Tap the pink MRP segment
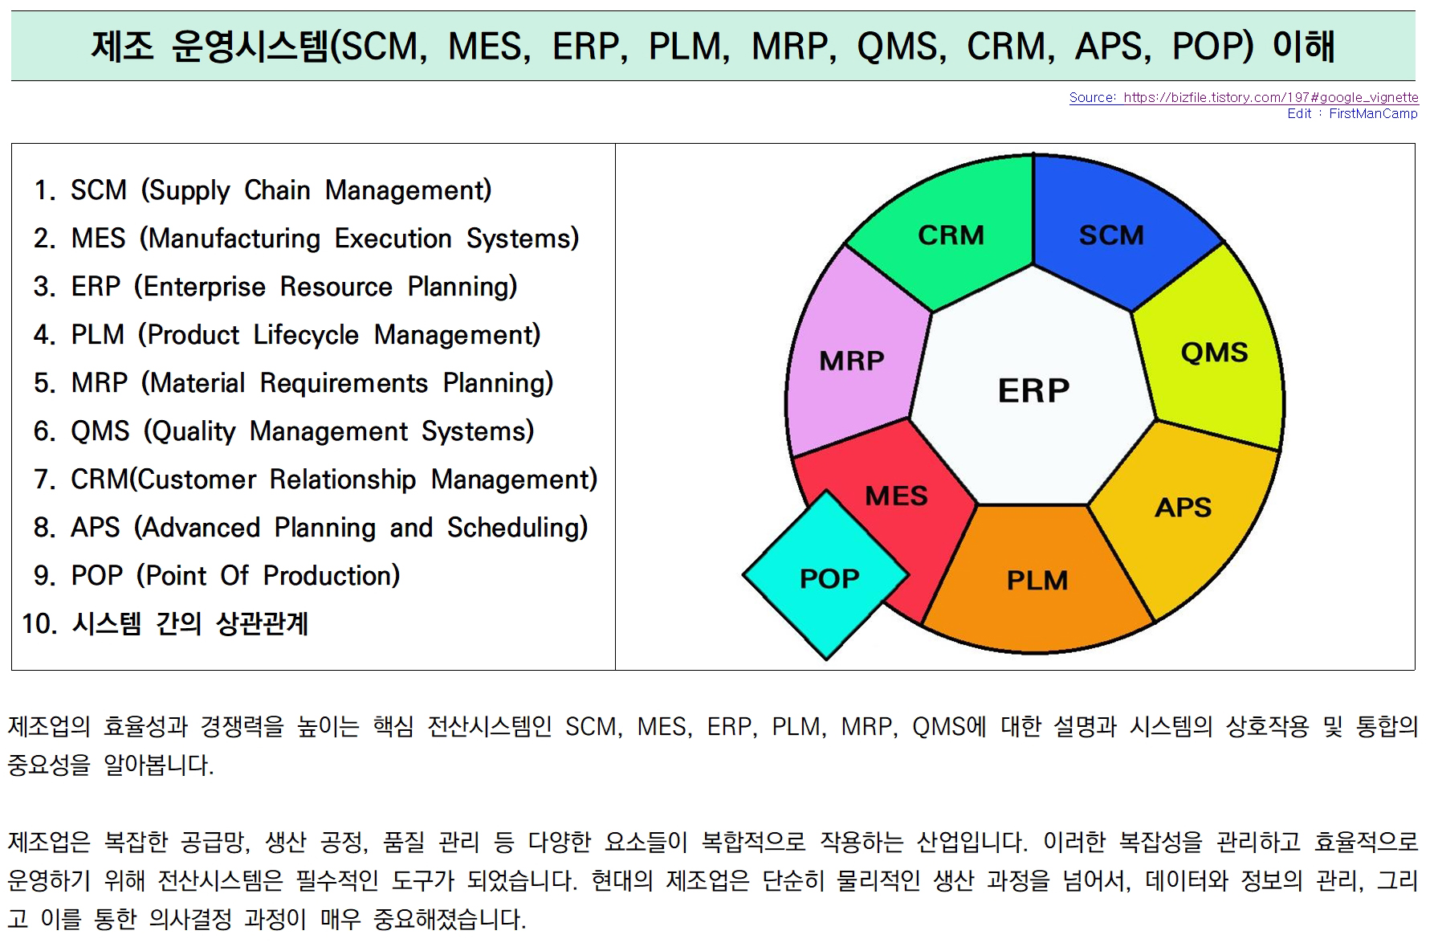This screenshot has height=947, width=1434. (x=851, y=357)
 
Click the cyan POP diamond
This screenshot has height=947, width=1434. (x=826, y=575)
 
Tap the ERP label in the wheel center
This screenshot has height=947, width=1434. (x=1033, y=391)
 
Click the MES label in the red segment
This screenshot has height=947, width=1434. (x=896, y=496)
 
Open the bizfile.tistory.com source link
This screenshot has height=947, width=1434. (x=1244, y=97)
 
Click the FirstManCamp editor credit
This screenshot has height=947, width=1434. (x=1373, y=113)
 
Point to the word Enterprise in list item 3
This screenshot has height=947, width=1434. (x=200, y=287)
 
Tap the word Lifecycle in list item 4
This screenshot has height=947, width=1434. (x=306, y=335)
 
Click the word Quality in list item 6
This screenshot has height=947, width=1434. (x=189, y=431)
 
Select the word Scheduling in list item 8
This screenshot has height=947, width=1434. (x=518, y=528)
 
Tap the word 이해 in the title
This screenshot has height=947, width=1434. (x=1304, y=46)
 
